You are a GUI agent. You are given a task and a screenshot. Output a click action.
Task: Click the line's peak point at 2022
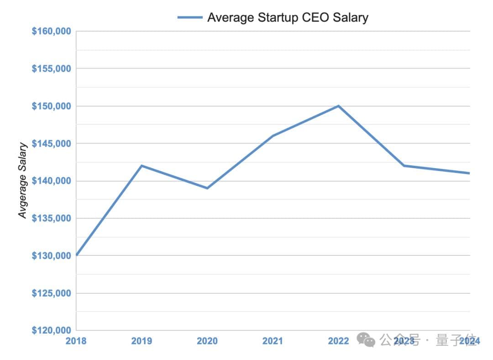[338, 106]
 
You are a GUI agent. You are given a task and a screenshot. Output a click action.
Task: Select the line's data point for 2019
[142, 165]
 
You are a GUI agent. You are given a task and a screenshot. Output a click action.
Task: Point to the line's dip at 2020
[207, 188]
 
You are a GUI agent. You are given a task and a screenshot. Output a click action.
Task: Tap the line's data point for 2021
[273, 136]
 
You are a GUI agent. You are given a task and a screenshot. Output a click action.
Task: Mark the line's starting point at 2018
[76, 255]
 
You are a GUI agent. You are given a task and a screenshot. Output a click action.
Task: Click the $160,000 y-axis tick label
[51, 31]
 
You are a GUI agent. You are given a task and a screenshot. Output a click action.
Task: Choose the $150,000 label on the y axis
[51, 106]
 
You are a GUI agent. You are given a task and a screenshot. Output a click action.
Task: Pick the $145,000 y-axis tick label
[51, 143]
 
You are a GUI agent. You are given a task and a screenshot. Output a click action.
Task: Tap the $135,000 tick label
[51, 218]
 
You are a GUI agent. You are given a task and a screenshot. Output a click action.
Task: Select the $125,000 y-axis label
[51, 293]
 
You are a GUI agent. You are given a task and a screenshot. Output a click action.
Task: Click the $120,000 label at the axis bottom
[51, 330]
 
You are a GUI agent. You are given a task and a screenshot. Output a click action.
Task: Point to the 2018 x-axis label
[76, 341]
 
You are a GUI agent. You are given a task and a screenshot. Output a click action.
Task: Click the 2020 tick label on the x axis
[207, 341]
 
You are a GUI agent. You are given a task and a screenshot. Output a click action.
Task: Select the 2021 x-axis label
[273, 341]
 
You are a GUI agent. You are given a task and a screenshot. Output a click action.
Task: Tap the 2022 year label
[338, 341]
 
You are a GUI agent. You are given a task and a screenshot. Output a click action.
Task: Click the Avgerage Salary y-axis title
[23, 180]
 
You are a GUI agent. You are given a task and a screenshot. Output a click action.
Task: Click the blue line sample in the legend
[190, 17]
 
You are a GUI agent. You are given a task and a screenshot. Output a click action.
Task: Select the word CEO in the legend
[316, 17]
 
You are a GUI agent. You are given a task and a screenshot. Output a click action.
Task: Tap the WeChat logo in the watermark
[366, 340]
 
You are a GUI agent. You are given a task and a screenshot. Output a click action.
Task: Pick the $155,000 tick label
[51, 69]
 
